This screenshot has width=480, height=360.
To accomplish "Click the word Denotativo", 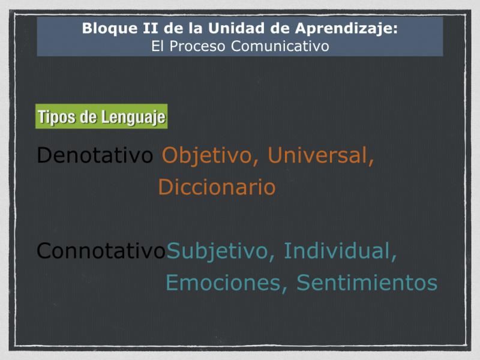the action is pos(95,155).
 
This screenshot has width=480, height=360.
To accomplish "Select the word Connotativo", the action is pos(101,251).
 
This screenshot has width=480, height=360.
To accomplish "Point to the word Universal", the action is pos(321,155).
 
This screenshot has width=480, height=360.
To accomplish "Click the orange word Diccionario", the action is pos(217,187).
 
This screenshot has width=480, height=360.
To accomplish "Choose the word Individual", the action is pos(340,251).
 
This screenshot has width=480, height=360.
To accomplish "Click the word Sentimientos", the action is pos(367,283).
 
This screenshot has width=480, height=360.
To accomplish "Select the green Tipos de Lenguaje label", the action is pos(101,116).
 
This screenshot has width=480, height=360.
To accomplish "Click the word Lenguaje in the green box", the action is pos(133,118).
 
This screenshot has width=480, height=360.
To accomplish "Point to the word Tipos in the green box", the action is pos(56,117).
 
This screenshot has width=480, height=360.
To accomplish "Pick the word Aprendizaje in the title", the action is pos(346,29).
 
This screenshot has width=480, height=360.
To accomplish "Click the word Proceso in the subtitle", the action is pos(197,47).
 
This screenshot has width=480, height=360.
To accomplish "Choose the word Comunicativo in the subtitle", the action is pos(280,46).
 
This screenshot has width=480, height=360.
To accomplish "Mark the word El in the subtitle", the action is pos(157,46).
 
